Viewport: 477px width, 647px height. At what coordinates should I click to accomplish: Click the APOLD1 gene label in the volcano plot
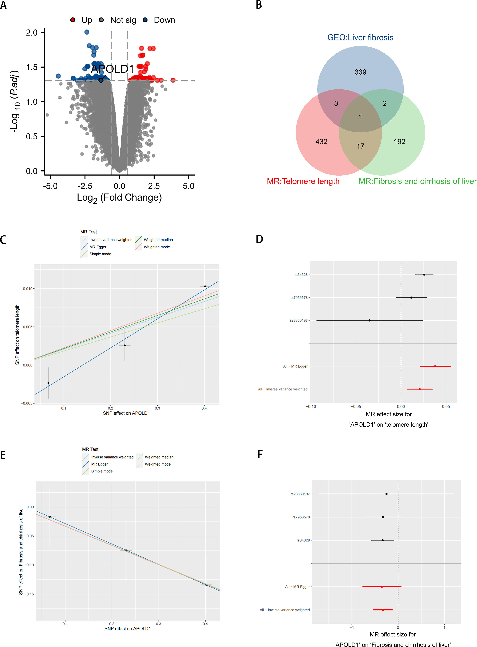(112, 69)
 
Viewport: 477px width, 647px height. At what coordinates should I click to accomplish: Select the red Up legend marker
(73, 20)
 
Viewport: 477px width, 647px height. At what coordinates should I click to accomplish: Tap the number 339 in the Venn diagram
(360, 72)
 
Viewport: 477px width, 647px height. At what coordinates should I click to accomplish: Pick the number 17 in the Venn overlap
(360, 146)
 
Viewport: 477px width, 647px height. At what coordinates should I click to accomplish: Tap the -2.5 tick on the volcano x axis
(85, 186)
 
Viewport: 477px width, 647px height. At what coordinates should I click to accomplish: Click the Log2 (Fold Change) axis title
(119, 198)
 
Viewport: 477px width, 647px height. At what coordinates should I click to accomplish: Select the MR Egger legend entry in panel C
(98, 247)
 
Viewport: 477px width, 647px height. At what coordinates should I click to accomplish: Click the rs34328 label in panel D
(301, 275)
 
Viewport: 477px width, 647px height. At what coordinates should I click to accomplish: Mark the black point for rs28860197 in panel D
(370, 320)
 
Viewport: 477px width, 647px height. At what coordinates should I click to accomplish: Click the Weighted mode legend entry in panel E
(157, 464)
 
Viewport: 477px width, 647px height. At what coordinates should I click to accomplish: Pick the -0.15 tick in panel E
(30, 594)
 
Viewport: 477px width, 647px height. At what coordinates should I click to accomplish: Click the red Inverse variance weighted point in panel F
(383, 610)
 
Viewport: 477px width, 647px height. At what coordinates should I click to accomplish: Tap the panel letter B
(259, 5)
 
